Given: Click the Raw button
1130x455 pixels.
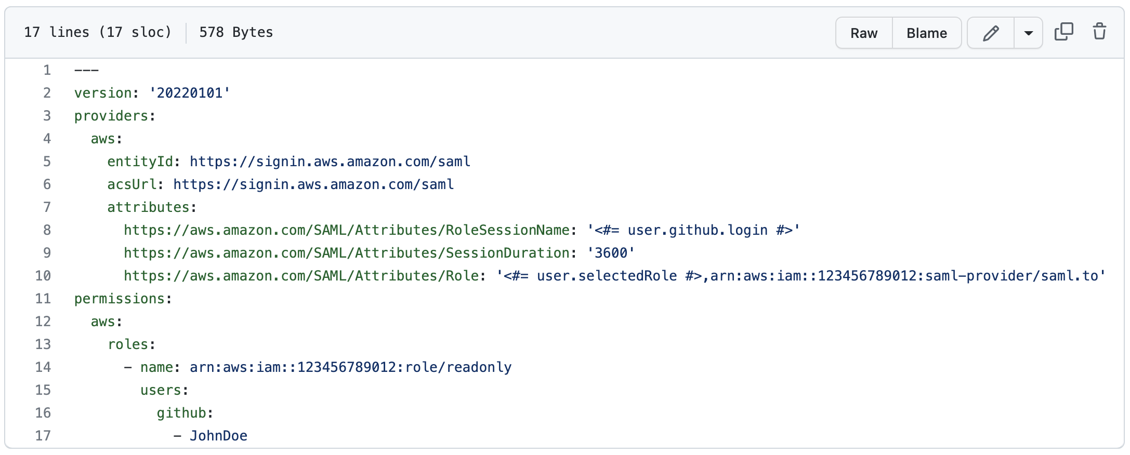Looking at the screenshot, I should pos(864,33).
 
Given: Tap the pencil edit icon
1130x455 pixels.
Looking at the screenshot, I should pos(991,33).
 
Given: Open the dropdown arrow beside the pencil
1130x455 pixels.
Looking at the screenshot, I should pos(1028,33).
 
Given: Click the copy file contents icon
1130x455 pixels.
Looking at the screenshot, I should pos(1063,32).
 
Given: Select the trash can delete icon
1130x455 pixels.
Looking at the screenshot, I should pos(1099,32).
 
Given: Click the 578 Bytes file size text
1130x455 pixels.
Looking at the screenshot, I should pos(236,32).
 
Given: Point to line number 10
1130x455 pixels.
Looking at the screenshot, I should pos(43,276).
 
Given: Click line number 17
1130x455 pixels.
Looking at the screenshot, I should pos(43,436).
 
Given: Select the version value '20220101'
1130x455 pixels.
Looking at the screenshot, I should pos(190,93).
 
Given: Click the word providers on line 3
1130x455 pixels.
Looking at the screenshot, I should pos(111,116).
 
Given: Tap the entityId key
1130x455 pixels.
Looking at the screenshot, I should pos(140,162).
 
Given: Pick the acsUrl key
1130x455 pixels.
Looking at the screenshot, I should pos(132,184).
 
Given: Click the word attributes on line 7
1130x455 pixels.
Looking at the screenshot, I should pos(149,207).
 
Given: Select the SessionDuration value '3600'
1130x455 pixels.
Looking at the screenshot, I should pos(611,253).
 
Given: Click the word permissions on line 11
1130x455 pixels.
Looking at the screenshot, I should pos(120,299).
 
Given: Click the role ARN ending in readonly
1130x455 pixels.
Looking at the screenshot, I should pos(350,367).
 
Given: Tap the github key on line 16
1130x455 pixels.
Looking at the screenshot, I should pos(181,413).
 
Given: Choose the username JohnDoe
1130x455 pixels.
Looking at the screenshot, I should pos(218,436).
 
